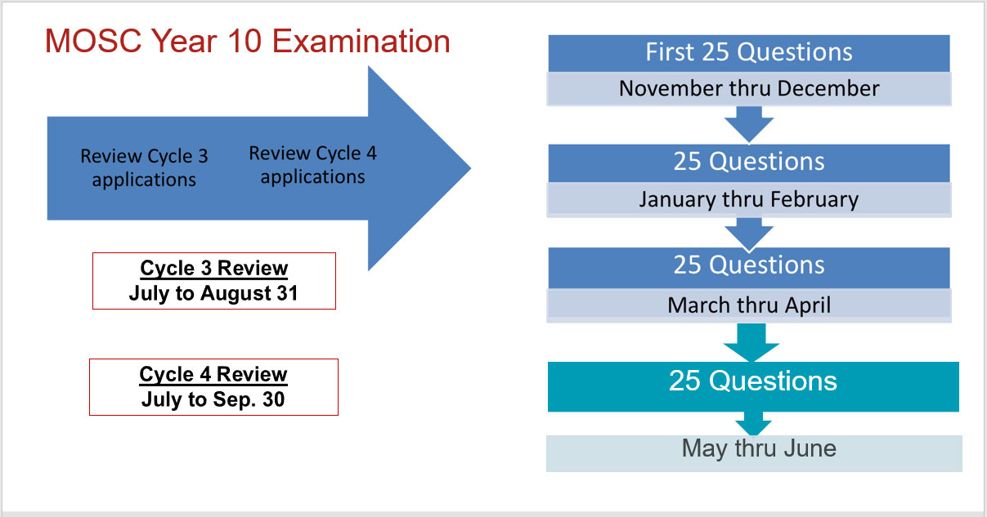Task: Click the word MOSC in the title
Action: [x=93, y=41]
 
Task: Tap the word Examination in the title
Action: [x=361, y=41]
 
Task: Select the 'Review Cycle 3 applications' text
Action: [x=144, y=167]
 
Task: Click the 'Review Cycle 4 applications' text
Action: [x=313, y=165]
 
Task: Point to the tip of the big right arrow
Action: [x=470, y=167]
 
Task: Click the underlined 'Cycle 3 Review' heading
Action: [x=214, y=268]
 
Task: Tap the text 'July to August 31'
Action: [x=213, y=293]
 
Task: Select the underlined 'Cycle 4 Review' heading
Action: [x=213, y=374]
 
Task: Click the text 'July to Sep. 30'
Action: [x=213, y=399]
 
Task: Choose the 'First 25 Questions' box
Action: [x=749, y=53]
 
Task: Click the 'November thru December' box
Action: [x=749, y=88]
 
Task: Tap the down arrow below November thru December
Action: [x=749, y=124]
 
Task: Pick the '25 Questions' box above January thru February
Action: [x=749, y=163]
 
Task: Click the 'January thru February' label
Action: [x=749, y=199]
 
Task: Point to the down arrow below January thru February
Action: [x=749, y=234]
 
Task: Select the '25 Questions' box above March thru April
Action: [x=749, y=268]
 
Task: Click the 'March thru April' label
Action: [x=749, y=305]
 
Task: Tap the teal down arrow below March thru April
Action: [x=751, y=342]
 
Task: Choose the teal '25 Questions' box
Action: [x=753, y=387]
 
